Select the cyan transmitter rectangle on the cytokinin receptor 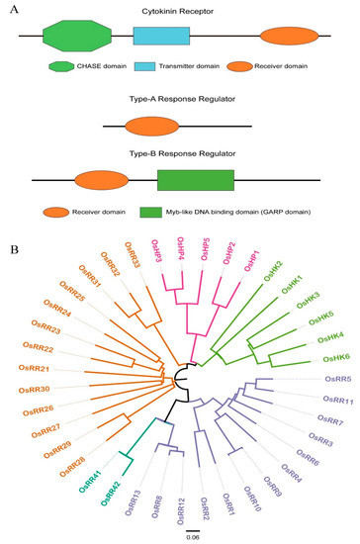pyautogui.click(x=161, y=39)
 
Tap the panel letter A pyautogui.click(x=11, y=8)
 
